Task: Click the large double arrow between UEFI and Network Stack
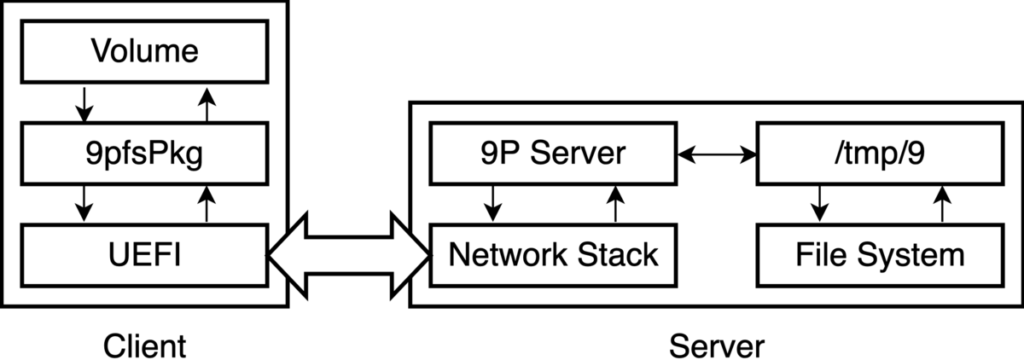[x=349, y=254]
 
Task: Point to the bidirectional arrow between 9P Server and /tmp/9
[x=716, y=154]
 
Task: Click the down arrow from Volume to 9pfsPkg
[x=84, y=102]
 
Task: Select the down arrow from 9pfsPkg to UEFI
[x=84, y=204]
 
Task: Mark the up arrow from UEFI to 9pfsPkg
[x=205, y=204]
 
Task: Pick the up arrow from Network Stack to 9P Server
[x=614, y=204]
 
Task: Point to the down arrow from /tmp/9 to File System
[x=819, y=204]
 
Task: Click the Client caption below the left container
[x=144, y=346]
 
